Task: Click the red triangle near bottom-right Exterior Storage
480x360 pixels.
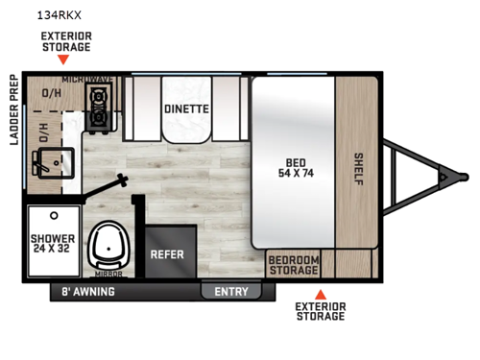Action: (321, 294)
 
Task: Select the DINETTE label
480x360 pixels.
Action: (185, 109)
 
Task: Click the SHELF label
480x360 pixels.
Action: (358, 165)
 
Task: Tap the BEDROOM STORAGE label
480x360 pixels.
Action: (293, 264)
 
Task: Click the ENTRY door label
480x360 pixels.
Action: (230, 292)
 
